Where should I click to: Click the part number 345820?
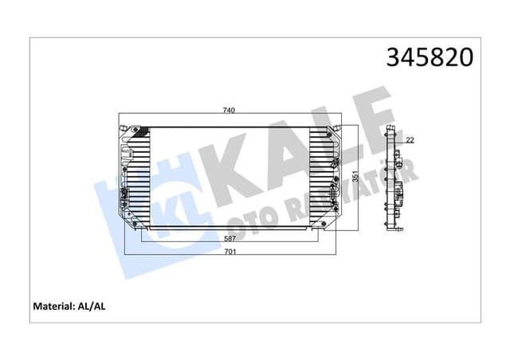point(430,57)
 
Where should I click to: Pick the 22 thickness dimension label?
point(409,141)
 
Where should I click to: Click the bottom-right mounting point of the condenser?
point(322,225)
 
